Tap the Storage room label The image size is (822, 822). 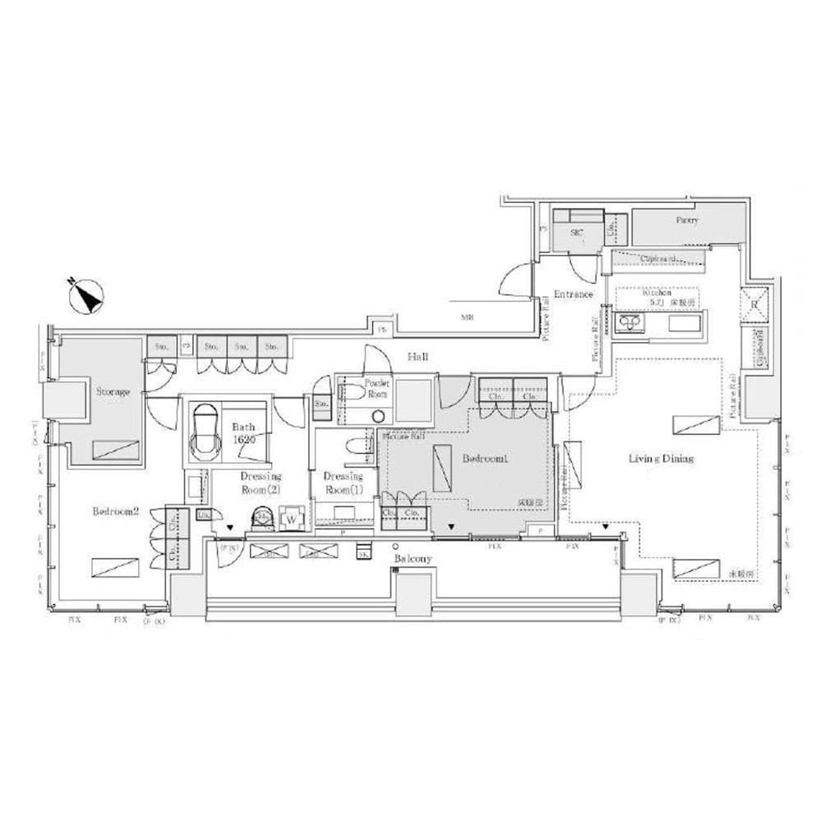click(x=113, y=392)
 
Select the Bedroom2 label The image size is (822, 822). click(x=115, y=510)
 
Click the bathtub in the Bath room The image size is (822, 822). click(x=205, y=432)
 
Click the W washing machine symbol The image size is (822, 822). click(x=292, y=520)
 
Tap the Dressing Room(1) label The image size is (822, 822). click(x=343, y=483)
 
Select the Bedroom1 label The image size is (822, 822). click(x=484, y=459)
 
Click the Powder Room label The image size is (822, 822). click(x=378, y=388)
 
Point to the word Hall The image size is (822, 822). click(x=418, y=357)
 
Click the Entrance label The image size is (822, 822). click(x=573, y=294)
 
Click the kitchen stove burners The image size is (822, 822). click(x=630, y=321)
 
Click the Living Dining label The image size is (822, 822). click(x=662, y=459)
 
